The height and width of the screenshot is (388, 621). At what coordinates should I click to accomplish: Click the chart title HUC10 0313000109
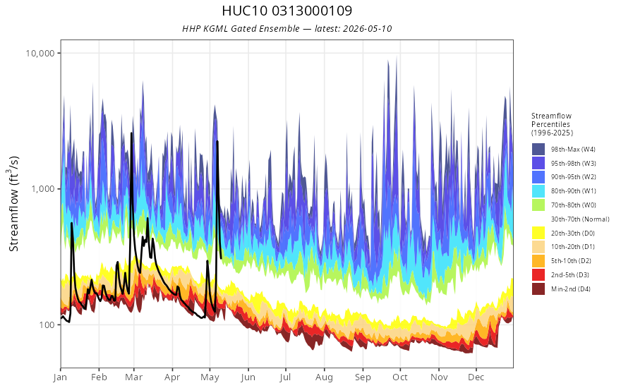click(x=287, y=11)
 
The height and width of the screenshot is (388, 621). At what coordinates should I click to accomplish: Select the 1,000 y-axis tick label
click(x=44, y=189)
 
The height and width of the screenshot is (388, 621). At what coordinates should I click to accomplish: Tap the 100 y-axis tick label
click(x=47, y=325)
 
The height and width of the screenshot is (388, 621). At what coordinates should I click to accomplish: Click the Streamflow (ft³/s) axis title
click(x=14, y=204)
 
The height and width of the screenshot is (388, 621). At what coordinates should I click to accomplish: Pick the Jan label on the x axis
click(x=61, y=377)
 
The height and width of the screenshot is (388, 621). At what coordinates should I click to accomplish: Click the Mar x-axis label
click(x=134, y=377)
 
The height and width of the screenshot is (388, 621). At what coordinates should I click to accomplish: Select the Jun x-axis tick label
click(x=248, y=377)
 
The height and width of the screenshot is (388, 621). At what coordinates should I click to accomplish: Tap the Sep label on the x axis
click(x=363, y=377)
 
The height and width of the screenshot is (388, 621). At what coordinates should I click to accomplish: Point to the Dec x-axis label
click(x=476, y=377)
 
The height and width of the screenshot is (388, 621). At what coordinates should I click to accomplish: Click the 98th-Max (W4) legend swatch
click(x=538, y=150)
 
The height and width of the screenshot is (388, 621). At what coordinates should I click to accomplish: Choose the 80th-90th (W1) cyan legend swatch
click(x=538, y=191)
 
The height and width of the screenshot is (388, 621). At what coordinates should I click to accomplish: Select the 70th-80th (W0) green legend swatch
click(x=538, y=205)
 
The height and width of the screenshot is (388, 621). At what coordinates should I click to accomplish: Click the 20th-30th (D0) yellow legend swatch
click(x=538, y=233)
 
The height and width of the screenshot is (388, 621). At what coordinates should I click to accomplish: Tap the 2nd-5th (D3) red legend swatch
click(x=538, y=274)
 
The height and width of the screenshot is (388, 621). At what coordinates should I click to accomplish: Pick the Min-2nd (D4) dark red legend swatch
click(x=538, y=289)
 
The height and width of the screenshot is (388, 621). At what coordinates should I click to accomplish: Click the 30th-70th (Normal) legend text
click(x=580, y=219)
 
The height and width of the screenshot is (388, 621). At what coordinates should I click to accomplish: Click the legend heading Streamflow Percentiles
click(x=552, y=120)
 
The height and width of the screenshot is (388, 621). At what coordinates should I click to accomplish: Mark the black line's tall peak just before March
click(x=131, y=133)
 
